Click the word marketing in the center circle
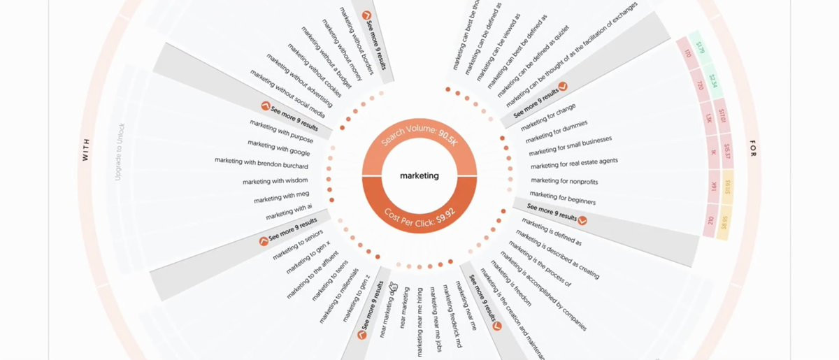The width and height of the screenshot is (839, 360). (x=419, y=175)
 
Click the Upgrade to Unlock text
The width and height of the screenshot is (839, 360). (x=120, y=152)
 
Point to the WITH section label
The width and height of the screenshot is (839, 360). (x=86, y=149)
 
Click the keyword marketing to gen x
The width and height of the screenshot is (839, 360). (x=308, y=258)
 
